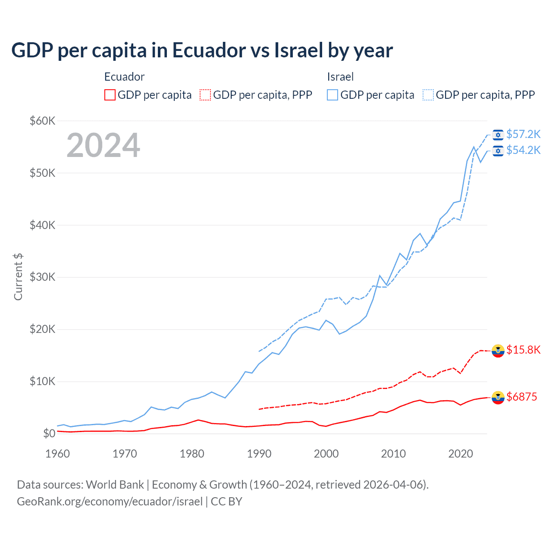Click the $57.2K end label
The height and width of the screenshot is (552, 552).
click(523, 134)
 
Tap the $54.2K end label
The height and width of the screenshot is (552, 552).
click(523, 150)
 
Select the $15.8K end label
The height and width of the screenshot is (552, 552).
click(523, 350)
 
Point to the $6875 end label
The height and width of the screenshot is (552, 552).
click(522, 397)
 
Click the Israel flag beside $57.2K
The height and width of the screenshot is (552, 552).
click(498, 135)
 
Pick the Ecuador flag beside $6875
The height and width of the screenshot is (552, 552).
click(498, 398)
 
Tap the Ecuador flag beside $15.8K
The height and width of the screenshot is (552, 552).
click(498, 351)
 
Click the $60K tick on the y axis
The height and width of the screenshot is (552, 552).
click(42, 121)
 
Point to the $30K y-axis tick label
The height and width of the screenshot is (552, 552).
click(42, 277)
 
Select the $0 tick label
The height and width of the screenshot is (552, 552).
click(49, 433)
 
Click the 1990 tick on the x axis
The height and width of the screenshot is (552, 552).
click(259, 454)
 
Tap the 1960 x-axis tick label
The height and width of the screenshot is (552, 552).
click(57, 454)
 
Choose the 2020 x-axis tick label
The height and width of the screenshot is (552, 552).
click(461, 454)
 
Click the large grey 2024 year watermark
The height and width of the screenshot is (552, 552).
click(103, 145)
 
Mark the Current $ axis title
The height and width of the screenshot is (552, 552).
click(18, 277)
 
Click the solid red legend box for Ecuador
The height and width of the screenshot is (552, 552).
click(110, 95)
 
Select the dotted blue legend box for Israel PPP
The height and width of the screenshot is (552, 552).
click(428, 95)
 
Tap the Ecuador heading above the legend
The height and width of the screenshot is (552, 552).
click(124, 77)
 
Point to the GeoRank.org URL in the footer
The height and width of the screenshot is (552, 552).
click(110, 502)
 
